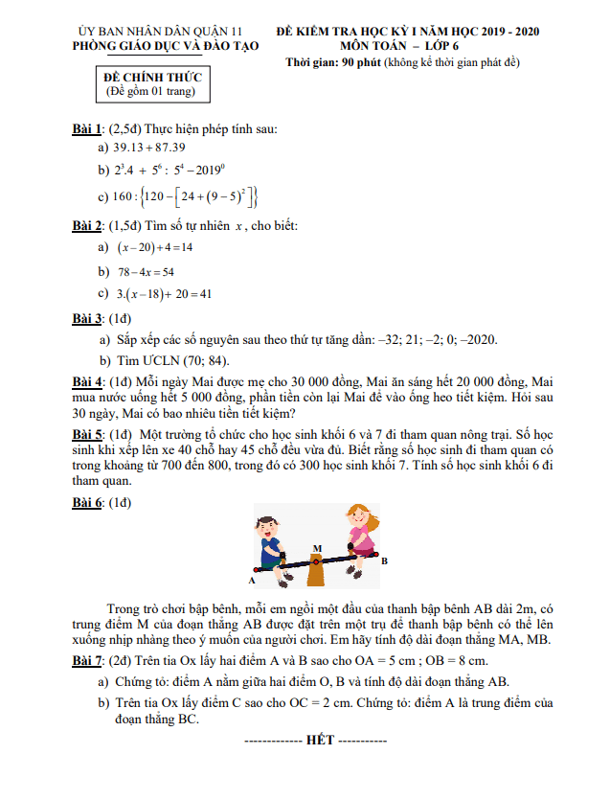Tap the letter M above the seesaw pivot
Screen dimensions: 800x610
point(317,549)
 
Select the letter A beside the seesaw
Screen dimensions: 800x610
point(252,581)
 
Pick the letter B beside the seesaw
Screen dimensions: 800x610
point(384,561)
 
